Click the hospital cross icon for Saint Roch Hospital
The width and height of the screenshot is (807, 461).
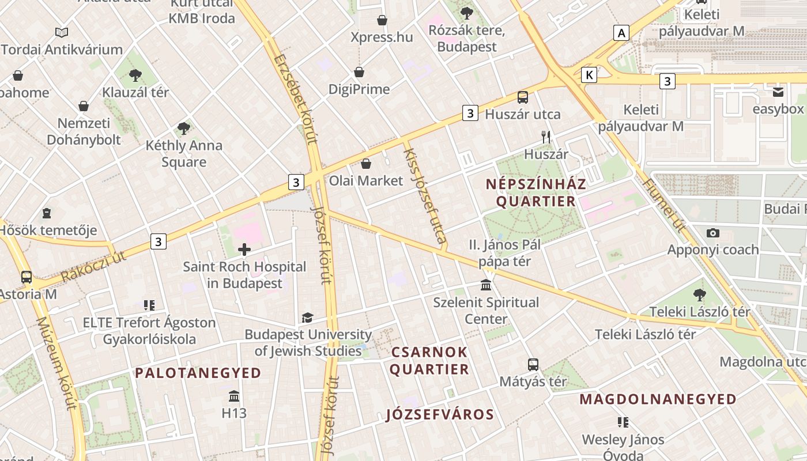click(x=244, y=250)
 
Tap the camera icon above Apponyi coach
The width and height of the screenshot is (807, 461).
click(x=713, y=233)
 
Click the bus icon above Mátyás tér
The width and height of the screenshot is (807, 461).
click(x=533, y=364)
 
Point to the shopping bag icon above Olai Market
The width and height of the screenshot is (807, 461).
click(x=366, y=164)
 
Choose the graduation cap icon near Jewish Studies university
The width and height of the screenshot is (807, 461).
click(x=308, y=318)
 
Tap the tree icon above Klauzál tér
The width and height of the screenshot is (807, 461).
click(x=135, y=75)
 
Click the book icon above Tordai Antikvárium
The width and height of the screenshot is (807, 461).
click(x=62, y=32)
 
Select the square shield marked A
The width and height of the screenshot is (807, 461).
click(x=621, y=33)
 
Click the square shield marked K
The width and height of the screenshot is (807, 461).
click(x=589, y=75)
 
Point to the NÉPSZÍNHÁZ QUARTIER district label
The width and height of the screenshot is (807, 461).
click(x=536, y=192)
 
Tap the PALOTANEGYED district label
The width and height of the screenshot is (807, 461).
click(x=198, y=373)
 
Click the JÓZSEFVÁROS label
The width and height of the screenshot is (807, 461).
click(x=440, y=414)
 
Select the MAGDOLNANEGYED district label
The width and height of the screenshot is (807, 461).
click(x=658, y=399)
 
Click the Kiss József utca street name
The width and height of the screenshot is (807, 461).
click(x=425, y=195)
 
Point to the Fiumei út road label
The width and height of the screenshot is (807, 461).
click(x=663, y=205)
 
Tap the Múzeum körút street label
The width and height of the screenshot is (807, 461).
click(x=56, y=362)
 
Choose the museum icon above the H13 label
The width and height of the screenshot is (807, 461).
click(x=234, y=396)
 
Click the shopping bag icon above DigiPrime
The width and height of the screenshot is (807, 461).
click(x=359, y=72)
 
